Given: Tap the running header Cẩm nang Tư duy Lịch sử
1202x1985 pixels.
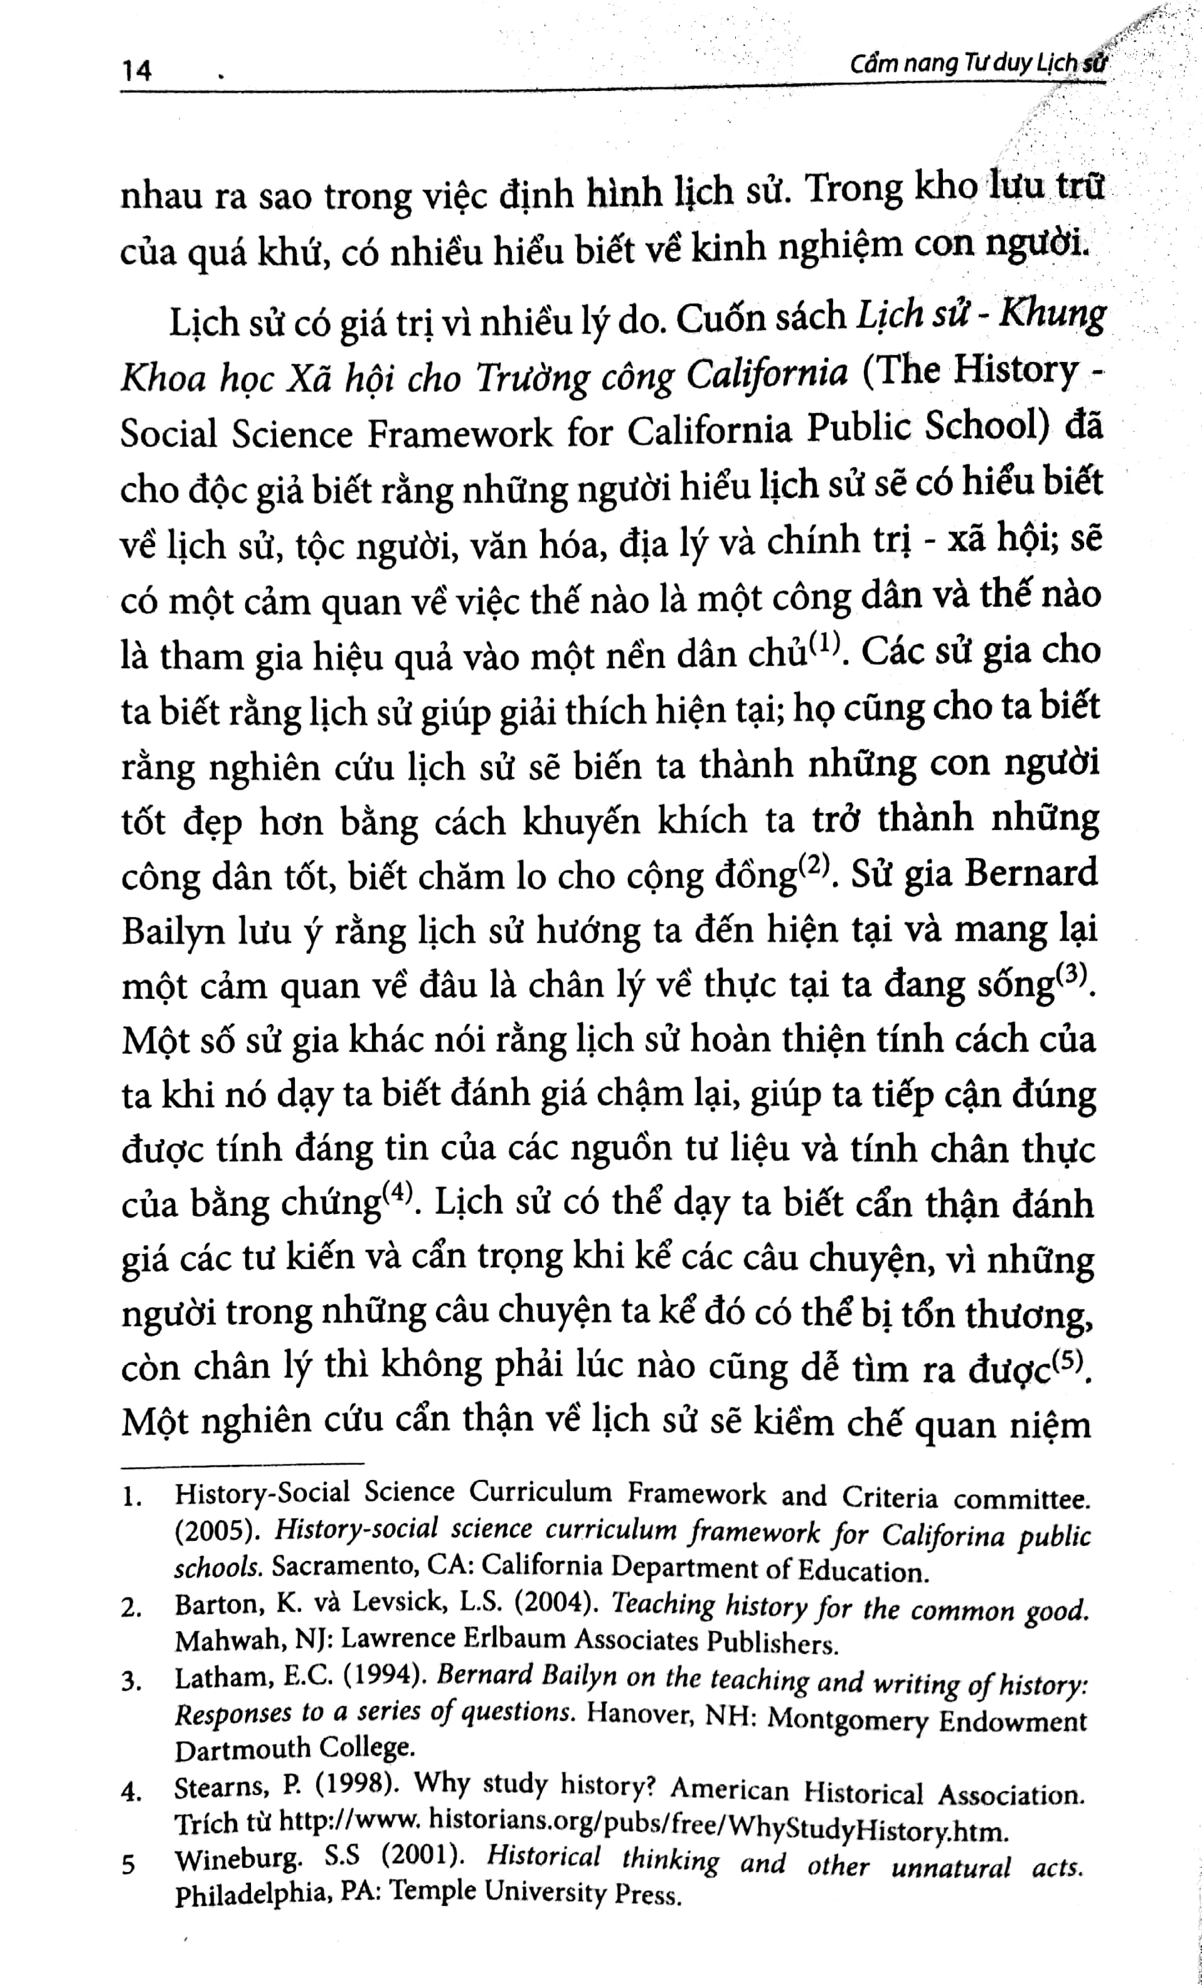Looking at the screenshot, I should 978,65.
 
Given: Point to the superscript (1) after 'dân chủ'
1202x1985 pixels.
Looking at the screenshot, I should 823,644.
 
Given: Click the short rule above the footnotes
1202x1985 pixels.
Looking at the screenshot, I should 242,1463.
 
